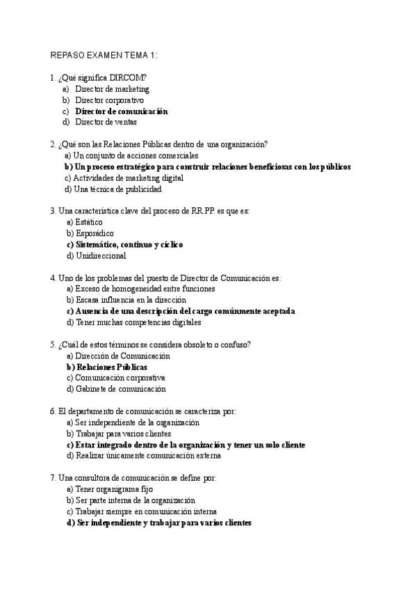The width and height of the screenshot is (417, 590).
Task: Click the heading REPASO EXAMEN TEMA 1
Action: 105,56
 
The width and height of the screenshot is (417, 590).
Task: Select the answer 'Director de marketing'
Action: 112,89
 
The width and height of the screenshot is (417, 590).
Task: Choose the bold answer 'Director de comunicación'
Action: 122,111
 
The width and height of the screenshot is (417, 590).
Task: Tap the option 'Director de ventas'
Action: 106,122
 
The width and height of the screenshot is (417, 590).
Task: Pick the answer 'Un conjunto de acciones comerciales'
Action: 131,156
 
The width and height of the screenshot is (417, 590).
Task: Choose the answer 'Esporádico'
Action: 90,234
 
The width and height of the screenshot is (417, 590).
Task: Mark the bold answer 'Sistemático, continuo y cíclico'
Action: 125,245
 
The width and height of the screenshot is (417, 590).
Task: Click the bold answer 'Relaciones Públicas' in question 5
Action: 107,367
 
